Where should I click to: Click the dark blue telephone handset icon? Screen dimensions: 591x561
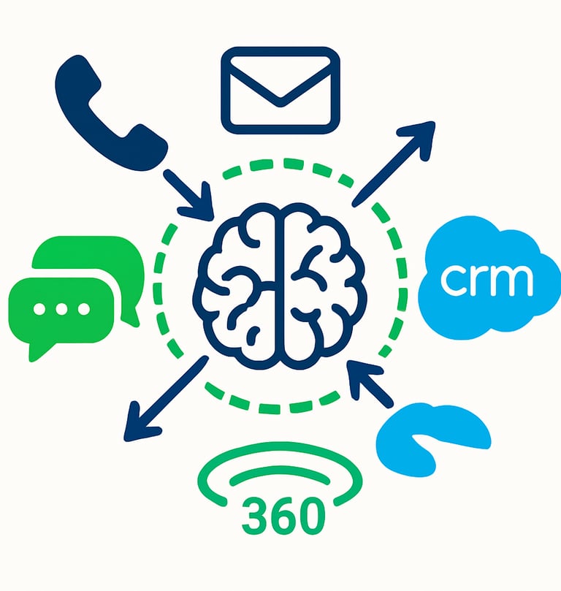pos(102,110)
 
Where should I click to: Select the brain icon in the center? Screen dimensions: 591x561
pos(280,285)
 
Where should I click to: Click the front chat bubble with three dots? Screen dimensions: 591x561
pos(62,310)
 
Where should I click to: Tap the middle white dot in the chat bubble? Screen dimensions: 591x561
pos(62,308)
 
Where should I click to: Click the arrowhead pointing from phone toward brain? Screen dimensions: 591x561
pos(200,204)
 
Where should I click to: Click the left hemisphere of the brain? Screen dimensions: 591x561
pos(237,285)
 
